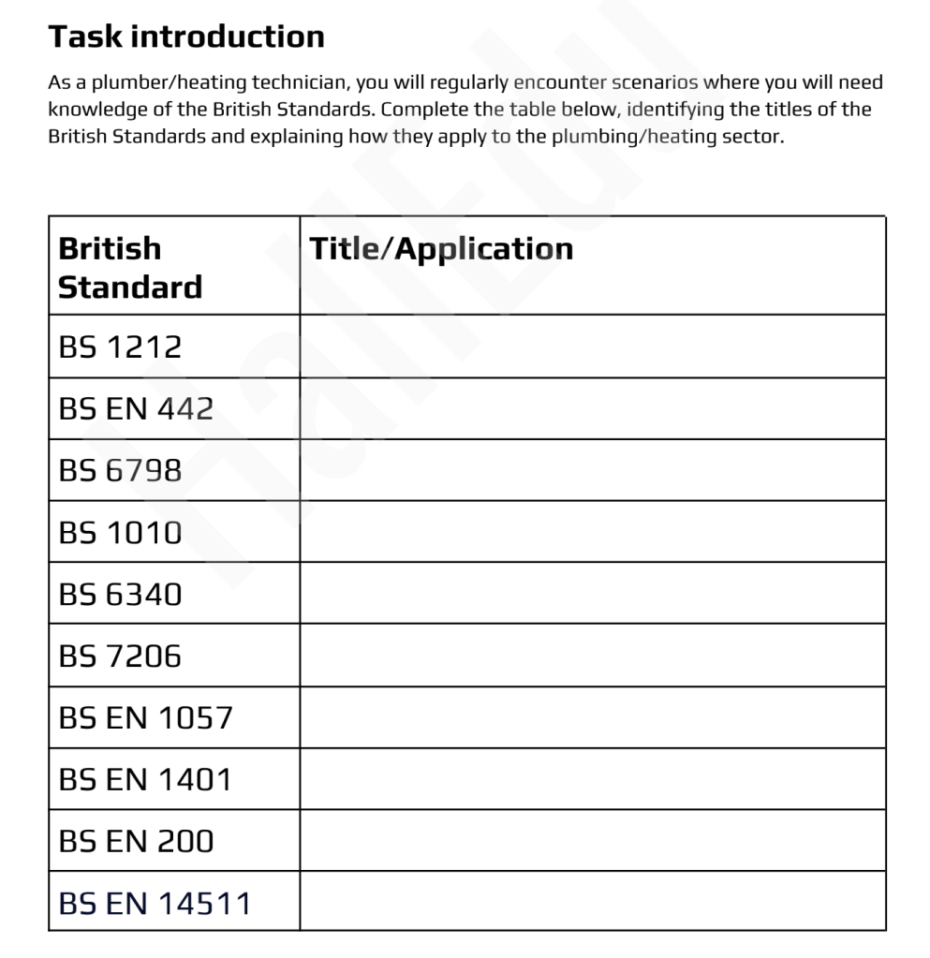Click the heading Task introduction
186,37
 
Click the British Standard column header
129,267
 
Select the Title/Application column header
441,248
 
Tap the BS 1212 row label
120,347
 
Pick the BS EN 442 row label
136,409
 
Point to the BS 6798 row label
120,470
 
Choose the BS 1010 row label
120,532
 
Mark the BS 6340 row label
120,594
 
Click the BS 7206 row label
120,656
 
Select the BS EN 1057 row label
145,717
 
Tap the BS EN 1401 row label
144,779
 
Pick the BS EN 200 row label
136,841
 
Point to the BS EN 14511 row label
155,903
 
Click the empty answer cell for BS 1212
592,346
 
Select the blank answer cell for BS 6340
592,593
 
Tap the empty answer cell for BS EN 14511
592,901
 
